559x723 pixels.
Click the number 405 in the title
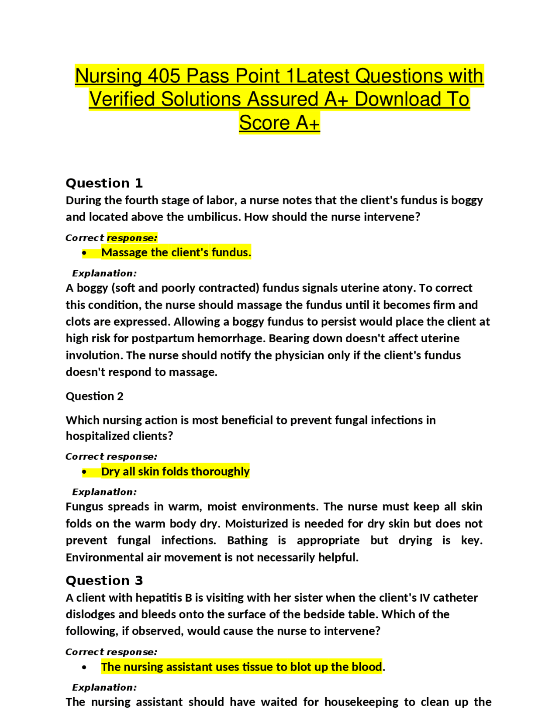[x=164, y=76]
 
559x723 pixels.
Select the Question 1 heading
[x=104, y=183]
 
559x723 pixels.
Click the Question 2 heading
[x=94, y=396]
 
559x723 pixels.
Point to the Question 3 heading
[x=104, y=580]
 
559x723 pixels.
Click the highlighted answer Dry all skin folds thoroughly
[x=175, y=472]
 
